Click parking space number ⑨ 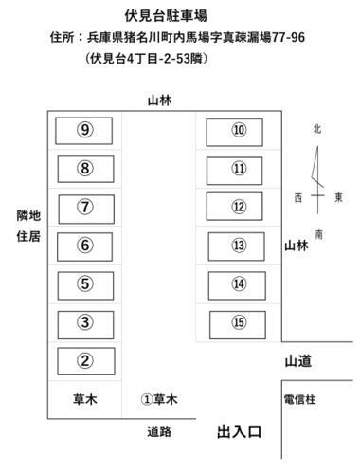click(85, 130)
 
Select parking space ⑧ click(85, 169)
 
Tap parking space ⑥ click(85, 246)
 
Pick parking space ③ click(85, 322)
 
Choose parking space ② click(85, 360)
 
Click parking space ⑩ click(239, 130)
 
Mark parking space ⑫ click(239, 207)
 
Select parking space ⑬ click(239, 246)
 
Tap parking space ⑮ click(239, 322)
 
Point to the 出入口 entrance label click(239, 432)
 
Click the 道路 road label click(159, 432)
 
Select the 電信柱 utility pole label click(298, 399)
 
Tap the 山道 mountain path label click(298, 360)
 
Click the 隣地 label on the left click(28, 216)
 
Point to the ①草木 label click(159, 399)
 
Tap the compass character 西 click(297, 197)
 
